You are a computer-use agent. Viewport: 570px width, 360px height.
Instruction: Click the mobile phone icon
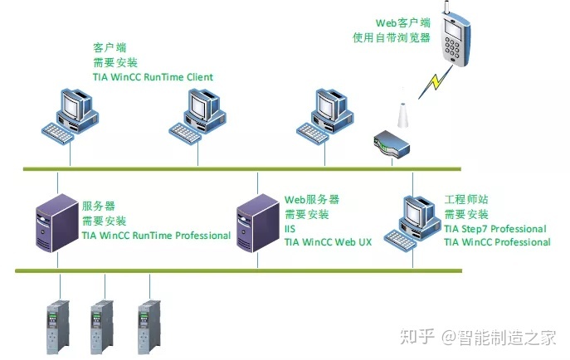tap(452, 40)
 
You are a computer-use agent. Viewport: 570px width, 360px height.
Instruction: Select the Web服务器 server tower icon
tap(257, 223)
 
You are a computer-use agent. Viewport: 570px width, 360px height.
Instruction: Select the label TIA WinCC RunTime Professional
tap(156, 236)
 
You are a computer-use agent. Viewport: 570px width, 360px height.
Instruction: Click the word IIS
tap(290, 228)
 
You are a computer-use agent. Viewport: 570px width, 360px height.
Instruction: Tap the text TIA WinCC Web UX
tap(329, 242)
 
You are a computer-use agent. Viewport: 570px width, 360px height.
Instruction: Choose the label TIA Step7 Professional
tap(494, 229)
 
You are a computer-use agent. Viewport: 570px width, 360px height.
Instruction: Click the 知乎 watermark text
tap(418, 338)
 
